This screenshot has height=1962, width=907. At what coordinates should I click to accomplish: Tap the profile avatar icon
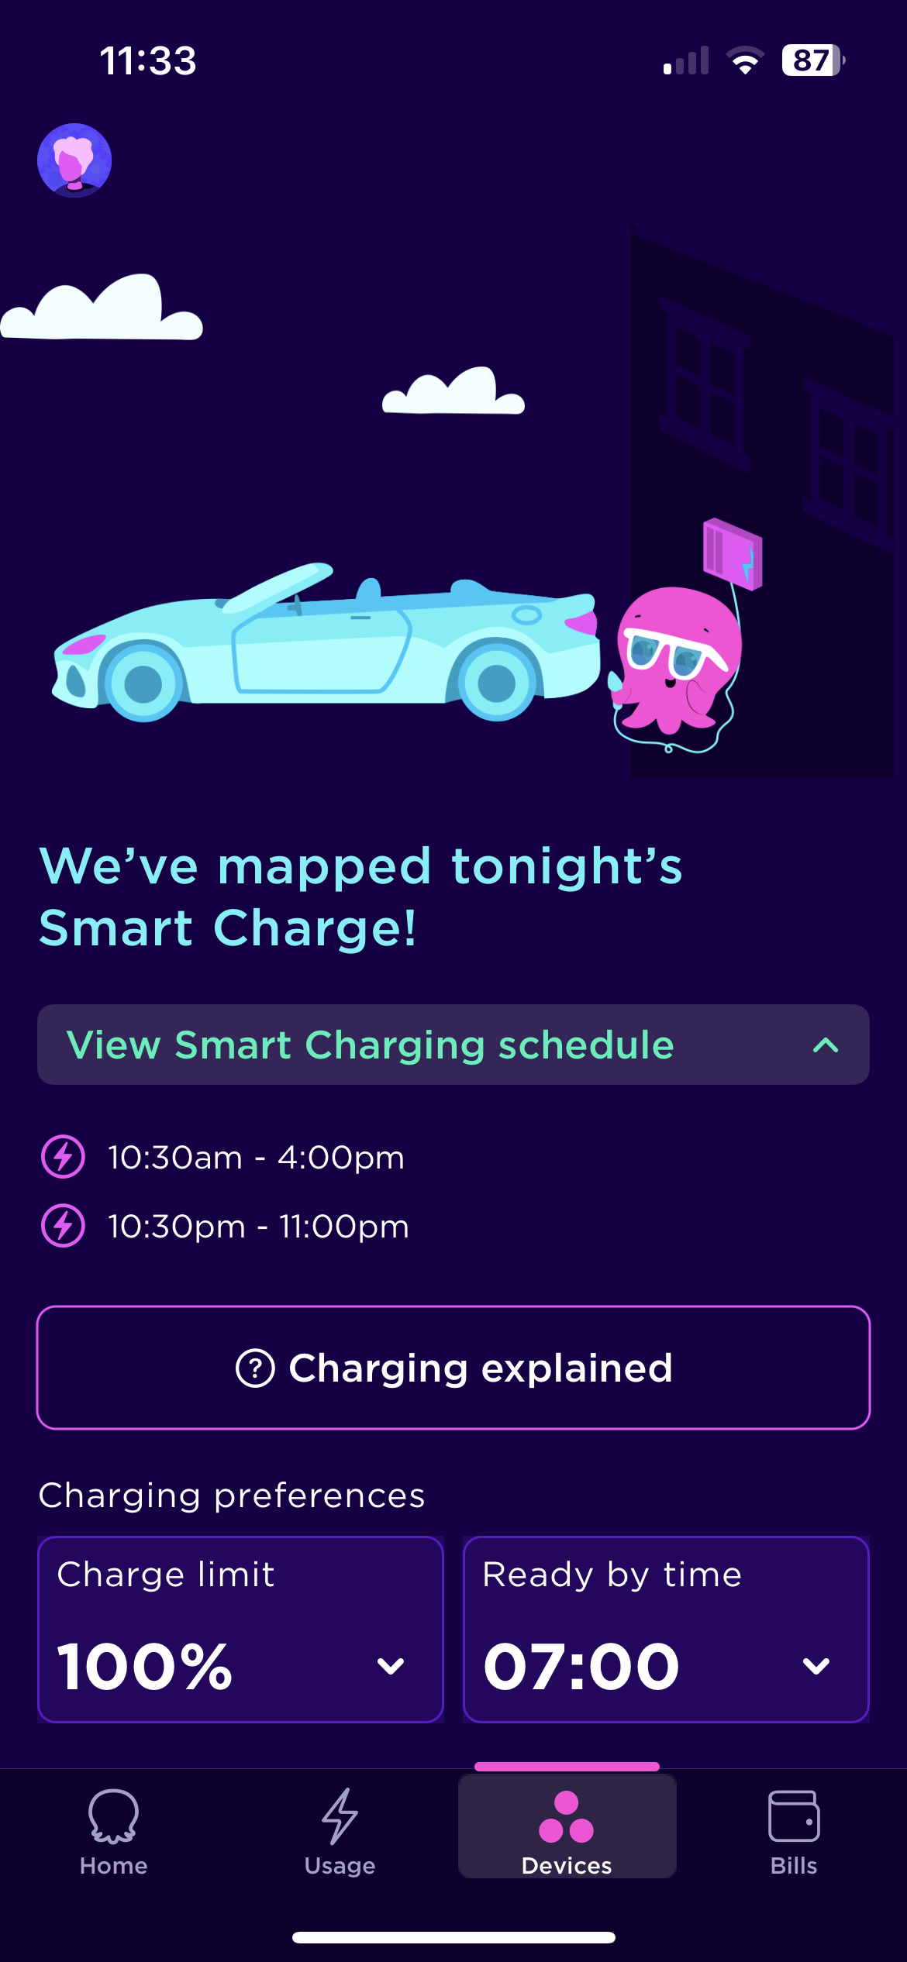click(x=74, y=160)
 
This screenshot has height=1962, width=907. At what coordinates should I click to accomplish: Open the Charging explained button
click(x=453, y=1368)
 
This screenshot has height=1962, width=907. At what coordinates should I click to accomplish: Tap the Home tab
click(x=113, y=1833)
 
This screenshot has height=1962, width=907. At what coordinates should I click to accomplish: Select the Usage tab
click(x=340, y=1833)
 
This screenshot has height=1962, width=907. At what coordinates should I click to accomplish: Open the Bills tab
click(x=794, y=1833)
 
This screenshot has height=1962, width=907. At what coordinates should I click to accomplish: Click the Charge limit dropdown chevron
click(x=391, y=1666)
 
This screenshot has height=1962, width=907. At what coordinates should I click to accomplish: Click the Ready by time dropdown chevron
click(x=816, y=1666)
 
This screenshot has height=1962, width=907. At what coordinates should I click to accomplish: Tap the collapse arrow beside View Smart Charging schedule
click(x=826, y=1045)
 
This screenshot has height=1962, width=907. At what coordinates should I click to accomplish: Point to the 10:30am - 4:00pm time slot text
click(x=256, y=1157)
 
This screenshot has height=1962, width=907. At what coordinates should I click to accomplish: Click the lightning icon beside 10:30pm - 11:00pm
click(x=63, y=1226)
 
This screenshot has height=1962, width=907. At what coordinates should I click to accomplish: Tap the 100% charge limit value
click(x=145, y=1666)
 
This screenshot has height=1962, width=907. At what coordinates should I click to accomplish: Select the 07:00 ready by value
click(x=581, y=1666)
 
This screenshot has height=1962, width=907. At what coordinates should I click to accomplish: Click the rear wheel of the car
click(x=496, y=683)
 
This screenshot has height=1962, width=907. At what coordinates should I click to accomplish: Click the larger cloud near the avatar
click(x=102, y=307)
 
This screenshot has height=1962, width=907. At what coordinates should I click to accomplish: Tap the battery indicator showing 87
click(x=812, y=60)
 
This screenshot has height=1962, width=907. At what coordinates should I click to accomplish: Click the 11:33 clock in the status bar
click(x=148, y=60)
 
